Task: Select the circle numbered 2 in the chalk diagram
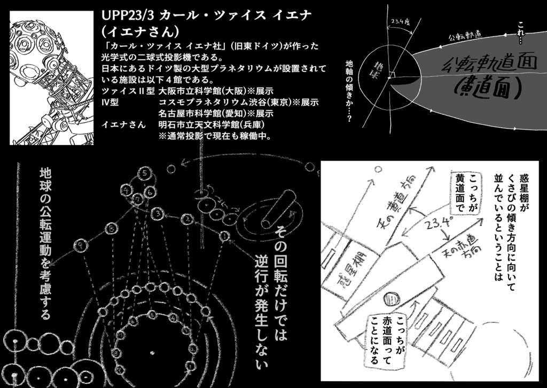point(187,218)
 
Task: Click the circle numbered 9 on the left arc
point(82,246)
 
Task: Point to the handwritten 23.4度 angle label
point(400,22)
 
